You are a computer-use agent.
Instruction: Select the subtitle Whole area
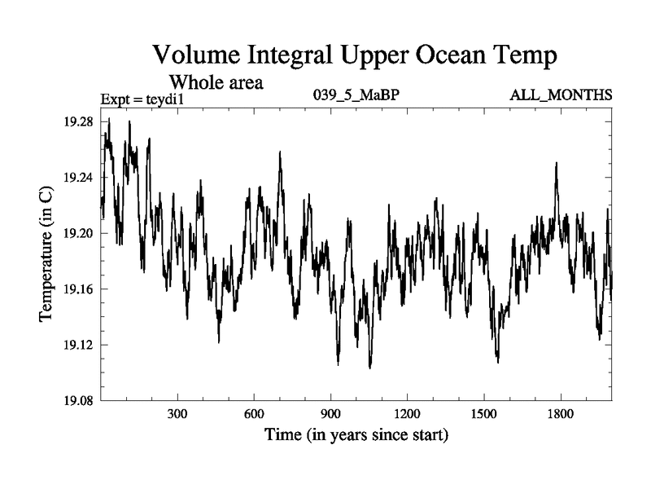[x=216, y=82]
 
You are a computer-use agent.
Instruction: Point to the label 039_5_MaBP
[x=356, y=96]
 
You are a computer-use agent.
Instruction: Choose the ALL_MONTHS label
[x=561, y=96]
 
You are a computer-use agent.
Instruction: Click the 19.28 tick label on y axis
[x=78, y=121]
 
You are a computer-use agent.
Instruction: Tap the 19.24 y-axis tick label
[x=78, y=178]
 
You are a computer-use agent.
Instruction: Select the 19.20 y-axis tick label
[x=78, y=233]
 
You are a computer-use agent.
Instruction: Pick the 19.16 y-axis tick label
[x=78, y=289]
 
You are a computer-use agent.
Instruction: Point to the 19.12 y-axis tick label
[x=78, y=345]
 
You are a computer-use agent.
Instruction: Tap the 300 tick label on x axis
[x=177, y=414]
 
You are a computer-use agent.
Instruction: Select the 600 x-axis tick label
[x=254, y=414]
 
